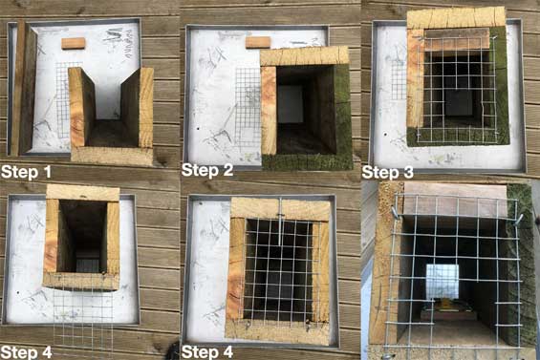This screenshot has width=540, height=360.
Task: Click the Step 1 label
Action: pos(26,172)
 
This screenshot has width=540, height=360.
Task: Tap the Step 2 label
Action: pos(207,170)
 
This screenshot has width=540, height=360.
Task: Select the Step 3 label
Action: pos(387,172)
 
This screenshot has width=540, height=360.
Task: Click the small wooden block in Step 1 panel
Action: pos(74,43)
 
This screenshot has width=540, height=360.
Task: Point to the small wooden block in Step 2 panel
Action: pos(258,43)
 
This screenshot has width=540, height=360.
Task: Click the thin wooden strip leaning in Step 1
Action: pos(17,88)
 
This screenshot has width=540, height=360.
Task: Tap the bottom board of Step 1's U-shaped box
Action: pos(112,156)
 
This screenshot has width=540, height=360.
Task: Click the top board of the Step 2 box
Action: pos(305,56)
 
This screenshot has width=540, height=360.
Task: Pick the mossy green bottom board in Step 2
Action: pos(307,161)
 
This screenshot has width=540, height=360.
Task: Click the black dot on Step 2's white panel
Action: pos(198,128)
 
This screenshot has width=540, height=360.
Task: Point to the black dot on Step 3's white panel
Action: pos(385,135)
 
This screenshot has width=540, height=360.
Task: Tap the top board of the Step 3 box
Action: pos(456,18)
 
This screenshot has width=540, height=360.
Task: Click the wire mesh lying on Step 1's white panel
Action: pos(65,100)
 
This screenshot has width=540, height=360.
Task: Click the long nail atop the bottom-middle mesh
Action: pos(281,222)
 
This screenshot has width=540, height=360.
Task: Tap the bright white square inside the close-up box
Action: pos(443,282)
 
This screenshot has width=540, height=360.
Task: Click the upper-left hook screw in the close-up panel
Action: pos(395,212)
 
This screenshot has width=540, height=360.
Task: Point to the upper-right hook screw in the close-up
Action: pos(518,220)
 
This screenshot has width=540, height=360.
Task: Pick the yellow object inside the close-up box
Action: pos(445,304)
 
